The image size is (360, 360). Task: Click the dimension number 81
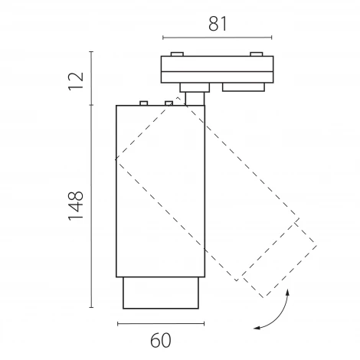coord(218,24)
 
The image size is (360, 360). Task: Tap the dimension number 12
coord(76,81)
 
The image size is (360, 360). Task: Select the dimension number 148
coord(76,205)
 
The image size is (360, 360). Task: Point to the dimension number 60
coord(161,341)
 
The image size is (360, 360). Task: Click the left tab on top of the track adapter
coord(177,54)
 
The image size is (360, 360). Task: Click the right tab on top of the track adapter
coord(257,54)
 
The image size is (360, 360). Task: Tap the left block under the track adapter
coord(195,87)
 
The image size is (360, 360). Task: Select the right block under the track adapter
coord(244,87)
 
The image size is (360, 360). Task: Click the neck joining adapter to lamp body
coord(195,99)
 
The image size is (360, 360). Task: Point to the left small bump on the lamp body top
coord(144,103)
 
